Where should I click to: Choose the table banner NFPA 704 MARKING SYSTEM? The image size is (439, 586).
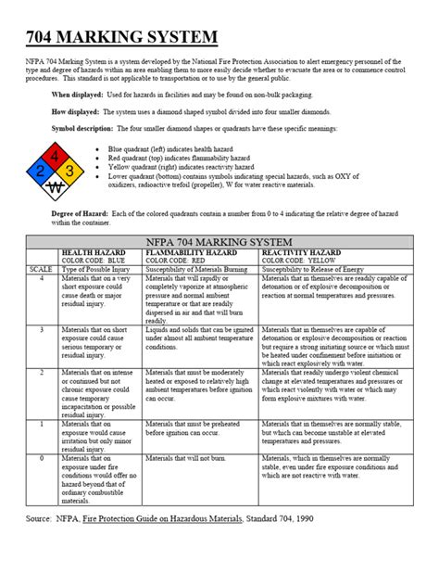[x=219, y=242]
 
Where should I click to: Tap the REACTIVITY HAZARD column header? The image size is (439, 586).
[x=301, y=252]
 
